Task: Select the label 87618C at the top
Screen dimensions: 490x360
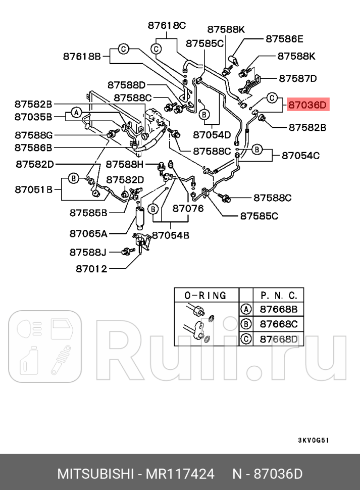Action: pyautogui.click(x=167, y=25)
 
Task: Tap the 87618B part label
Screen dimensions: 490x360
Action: pyautogui.click(x=82, y=57)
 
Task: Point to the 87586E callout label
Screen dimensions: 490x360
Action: pyautogui.click(x=284, y=38)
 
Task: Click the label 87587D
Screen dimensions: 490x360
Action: pyautogui.click(x=298, y=78)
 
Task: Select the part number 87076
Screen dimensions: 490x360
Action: pyautogui.click(x=188, y=208)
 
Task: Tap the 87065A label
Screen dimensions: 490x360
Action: pyautogui.click(x=88, y=233)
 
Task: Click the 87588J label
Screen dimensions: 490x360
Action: pyautogui.click(x=88, y=252)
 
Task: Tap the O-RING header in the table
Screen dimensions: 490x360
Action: pyautogui.click(x=205, y=295)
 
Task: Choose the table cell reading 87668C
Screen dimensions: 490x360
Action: pyautogui.click(x=278, y=324)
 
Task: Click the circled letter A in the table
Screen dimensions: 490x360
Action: pyautogui.click(x=246, y=309)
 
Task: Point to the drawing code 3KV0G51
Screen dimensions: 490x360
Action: pyautogui.click(x=313, y=439)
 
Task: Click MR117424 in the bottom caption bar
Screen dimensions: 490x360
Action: pyautogui.click(x=180, y=474)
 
